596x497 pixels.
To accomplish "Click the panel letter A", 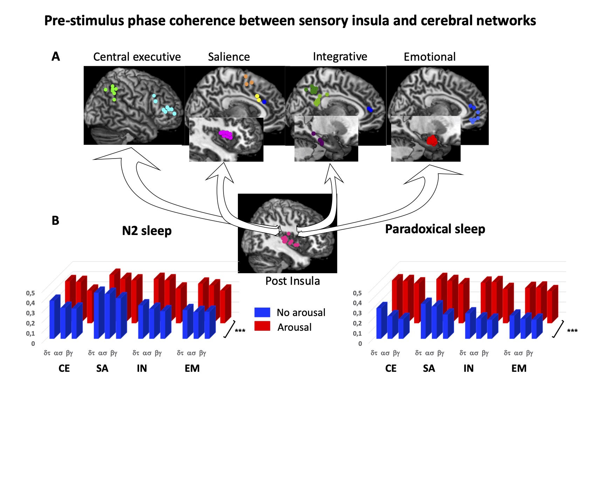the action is [x=56, y=56].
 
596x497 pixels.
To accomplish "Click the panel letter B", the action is [x=55, y=220].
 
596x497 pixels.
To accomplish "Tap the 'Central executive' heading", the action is [x=137, y=57].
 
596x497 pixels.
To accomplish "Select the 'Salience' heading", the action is [x=229, y=57].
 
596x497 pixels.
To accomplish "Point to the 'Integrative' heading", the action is [x=340, y=57].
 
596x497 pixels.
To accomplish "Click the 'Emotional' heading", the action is [x=430, y=57].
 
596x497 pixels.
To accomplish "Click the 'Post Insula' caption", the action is [x=293, y=281].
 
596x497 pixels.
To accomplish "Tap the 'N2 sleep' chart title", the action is [x=147, y=231].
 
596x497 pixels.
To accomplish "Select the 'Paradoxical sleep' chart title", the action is [x=435, y=229].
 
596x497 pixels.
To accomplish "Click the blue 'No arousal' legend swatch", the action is [x=262, y=312].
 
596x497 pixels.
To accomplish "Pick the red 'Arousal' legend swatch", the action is [x=262, y=326].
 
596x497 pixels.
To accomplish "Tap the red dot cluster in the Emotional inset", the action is [x=432, y=141].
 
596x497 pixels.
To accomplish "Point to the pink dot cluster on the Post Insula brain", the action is [x=290, y=240].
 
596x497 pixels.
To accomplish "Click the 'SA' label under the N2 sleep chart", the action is [x=102, y=368].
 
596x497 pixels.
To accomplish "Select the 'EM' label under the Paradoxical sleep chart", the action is [x=519, y=368].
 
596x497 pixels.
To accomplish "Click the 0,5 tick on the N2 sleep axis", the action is [x=30, y=293].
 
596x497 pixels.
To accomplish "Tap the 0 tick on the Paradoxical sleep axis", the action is [x=360, y=344].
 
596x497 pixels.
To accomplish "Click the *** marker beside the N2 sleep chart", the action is [x=240, y=331].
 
